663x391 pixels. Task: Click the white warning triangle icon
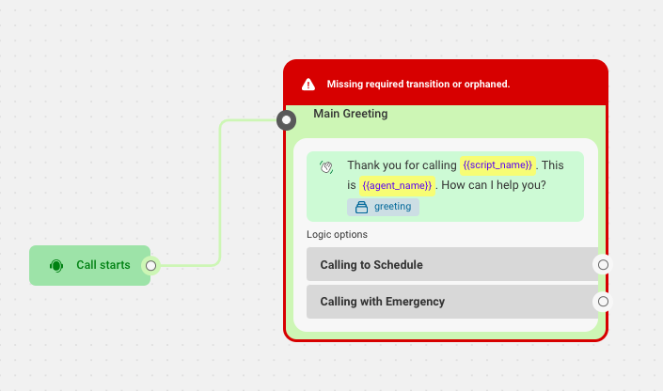308,85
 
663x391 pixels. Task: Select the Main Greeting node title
351,114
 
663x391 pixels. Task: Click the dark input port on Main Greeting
286,120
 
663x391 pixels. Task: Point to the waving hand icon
326,167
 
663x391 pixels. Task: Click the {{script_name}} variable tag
497,164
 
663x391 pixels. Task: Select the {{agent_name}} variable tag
397,185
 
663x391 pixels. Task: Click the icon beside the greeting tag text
361,207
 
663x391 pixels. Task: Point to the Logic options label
337,235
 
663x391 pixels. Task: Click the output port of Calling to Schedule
603,265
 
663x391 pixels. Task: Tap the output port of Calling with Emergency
603,302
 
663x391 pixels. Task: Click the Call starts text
103,265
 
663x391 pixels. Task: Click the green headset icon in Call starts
56,265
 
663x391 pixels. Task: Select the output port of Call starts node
151,265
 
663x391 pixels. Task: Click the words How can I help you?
494,185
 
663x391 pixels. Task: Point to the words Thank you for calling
402,165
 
